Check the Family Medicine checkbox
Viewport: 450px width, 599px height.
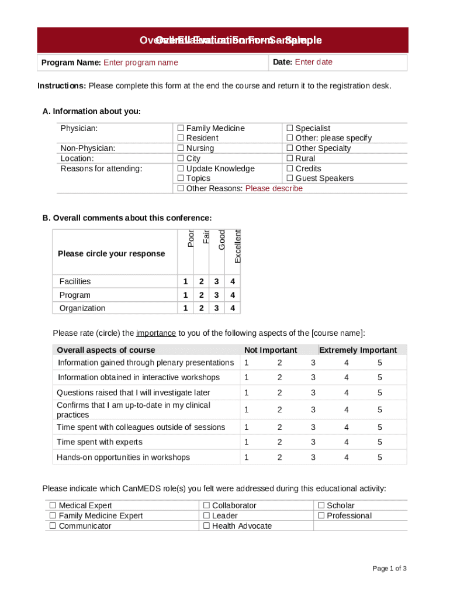click(181, 128)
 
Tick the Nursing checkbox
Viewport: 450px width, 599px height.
click(181, 148)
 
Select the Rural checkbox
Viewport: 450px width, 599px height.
click(289, 159)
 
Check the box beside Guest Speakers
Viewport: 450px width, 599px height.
click(289, 178)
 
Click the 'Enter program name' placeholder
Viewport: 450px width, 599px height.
click(140, 63)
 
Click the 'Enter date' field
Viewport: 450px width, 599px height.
click(313, 62)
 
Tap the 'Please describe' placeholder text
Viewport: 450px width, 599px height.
click(274, 188)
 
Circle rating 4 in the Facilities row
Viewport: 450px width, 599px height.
click(233, 281)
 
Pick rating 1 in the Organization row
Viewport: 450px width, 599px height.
click(185, 308)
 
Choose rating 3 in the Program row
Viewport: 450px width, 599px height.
click(217, 295)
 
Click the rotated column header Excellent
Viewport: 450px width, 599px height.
click(237, 246)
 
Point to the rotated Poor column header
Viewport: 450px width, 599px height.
click(191, 238)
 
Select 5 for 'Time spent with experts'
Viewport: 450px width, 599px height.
click(380, 442)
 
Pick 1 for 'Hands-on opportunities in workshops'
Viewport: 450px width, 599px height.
click(247, 457)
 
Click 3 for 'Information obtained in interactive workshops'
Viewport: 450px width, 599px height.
click(313, 378)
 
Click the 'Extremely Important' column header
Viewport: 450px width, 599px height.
click(358, 350)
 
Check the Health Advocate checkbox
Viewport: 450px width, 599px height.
click(206, 526)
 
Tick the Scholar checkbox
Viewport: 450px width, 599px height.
click(321, 505)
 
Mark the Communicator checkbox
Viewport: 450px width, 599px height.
click(53, 526)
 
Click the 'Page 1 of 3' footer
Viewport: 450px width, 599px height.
click(390, 569)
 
